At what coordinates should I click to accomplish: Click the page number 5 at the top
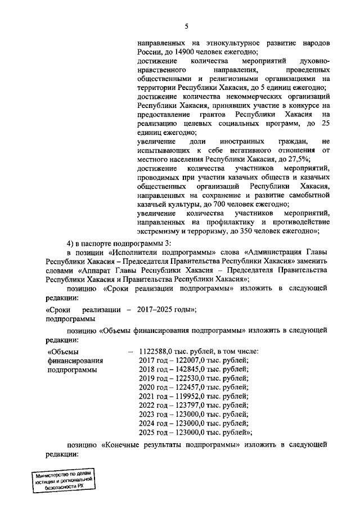click(x=186, y=25)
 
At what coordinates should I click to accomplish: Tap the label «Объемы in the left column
click(x=62, y=352)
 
